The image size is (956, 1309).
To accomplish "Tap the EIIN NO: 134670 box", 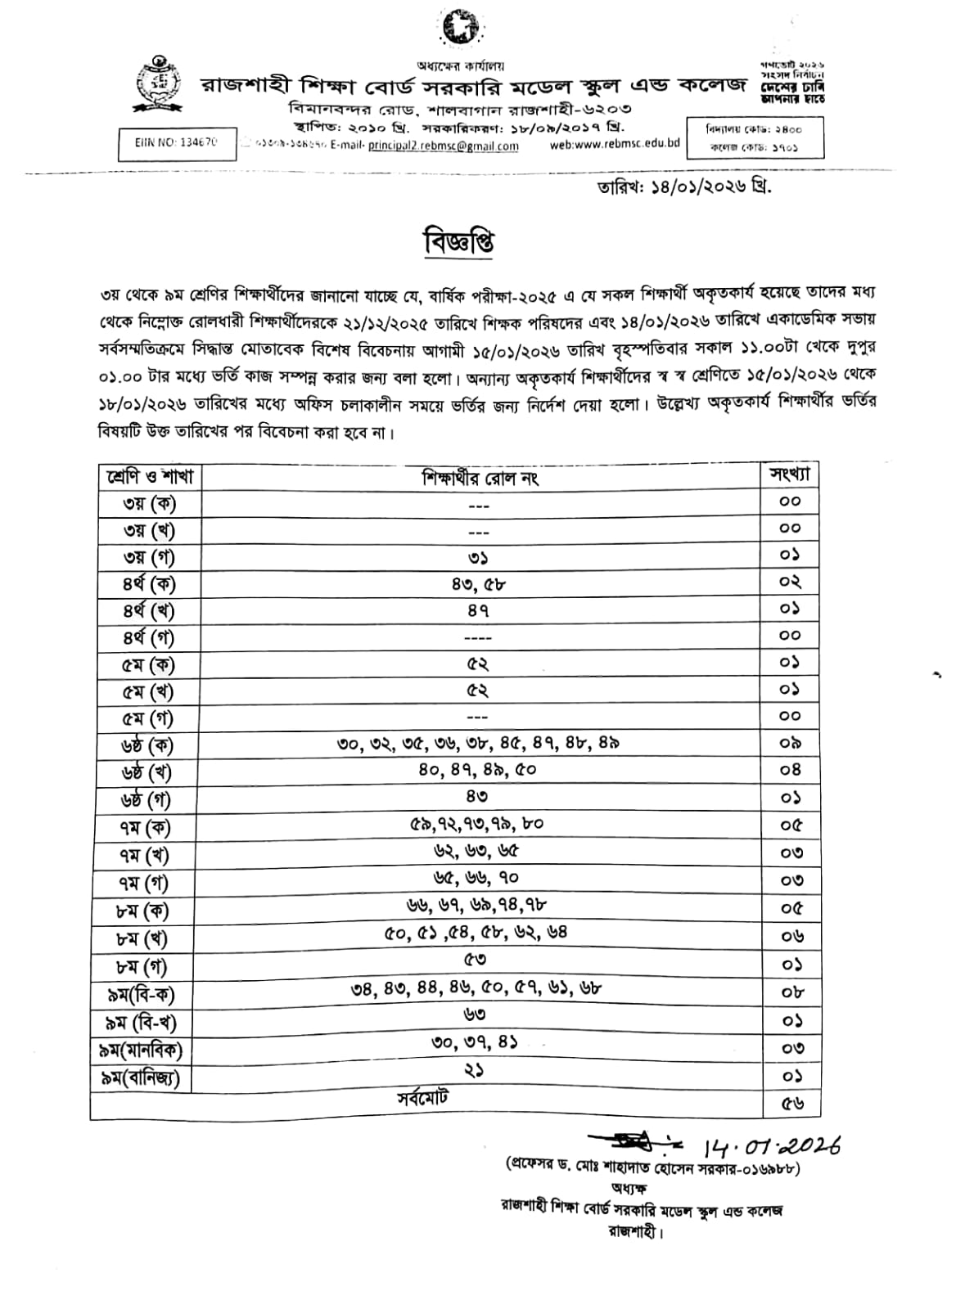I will pos(177,142).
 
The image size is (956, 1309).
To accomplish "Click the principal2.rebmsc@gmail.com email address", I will pos(443,146).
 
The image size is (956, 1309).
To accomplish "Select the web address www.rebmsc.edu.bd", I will pos(615,144).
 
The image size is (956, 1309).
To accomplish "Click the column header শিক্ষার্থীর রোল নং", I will pos(480,477).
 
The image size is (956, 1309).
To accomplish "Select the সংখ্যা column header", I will pos(790,475).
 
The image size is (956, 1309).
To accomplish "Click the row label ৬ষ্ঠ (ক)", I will pos(148,745).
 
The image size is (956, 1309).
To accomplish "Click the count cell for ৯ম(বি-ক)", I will pos(791,992).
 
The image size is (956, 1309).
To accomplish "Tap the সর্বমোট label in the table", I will pos(423,1098).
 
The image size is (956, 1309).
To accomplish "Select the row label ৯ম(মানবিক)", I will pos(142,1050).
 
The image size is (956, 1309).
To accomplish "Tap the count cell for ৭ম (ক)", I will pos(791,825).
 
